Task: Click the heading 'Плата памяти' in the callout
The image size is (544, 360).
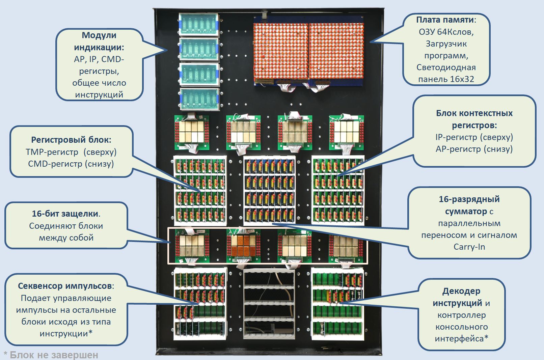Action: click(x=444, y=20)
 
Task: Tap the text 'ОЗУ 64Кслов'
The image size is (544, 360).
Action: click(x=446, y=32)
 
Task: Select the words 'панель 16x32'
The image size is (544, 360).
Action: click(x=446, y=79)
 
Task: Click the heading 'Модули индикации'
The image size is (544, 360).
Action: click(x=99, y=41)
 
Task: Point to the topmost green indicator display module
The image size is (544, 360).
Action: click(x=198, y=24)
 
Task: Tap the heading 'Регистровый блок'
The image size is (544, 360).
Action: click(x=71, y=140)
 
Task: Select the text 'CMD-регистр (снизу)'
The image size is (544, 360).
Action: click(x=71, y=164)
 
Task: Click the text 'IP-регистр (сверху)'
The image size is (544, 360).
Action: click(x=474, y=137)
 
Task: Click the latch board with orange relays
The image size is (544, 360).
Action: click(x=243, y=245)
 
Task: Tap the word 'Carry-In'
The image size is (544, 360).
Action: click(x=469, y=247)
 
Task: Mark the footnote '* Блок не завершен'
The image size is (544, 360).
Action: click(x=51, y=355)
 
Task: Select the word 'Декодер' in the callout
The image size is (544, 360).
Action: click(x=461, y=291)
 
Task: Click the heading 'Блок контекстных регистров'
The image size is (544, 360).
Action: click(x=474, y=119)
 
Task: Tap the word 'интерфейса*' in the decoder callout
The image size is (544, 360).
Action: click(x=461, y=338)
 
